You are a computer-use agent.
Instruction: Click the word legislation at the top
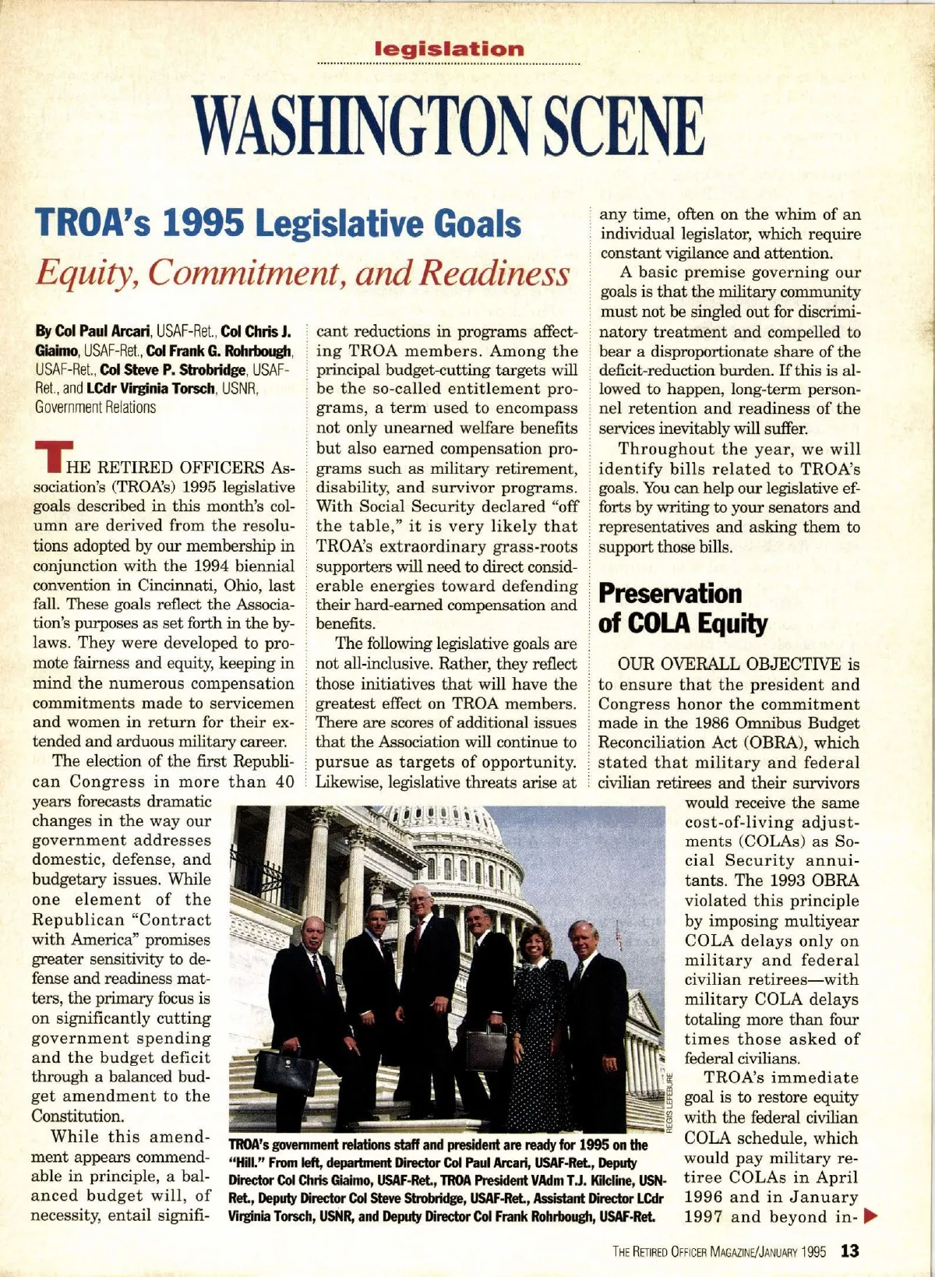(x=450, y=49)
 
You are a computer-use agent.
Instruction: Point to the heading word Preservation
(x=670, y=594)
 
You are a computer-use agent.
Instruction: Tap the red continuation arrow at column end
(x=871, y=1215)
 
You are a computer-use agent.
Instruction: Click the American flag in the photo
(x=618, y=934)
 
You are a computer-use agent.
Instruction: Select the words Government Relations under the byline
(x=95, y=407)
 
